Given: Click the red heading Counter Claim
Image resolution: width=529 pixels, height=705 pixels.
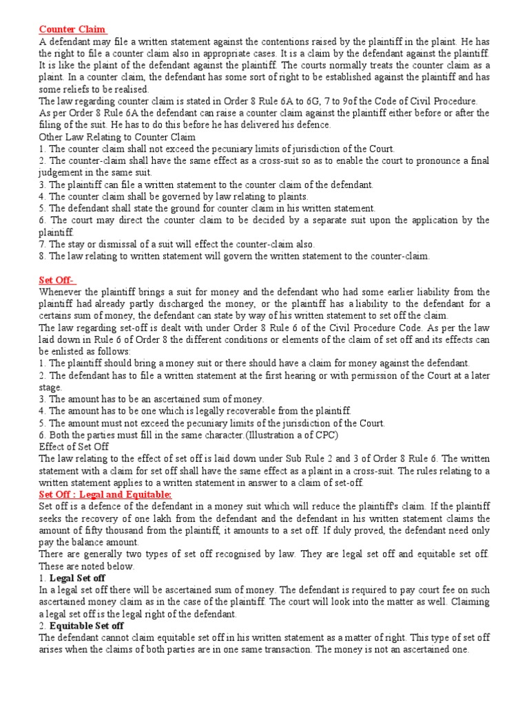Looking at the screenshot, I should click(72, 29).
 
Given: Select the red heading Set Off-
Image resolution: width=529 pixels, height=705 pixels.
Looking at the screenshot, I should click(57, 280).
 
